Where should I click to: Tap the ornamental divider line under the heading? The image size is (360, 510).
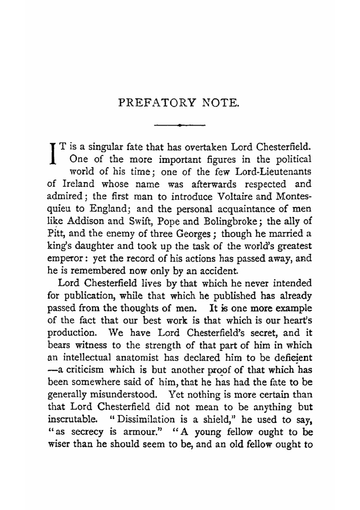(x=179, y=125)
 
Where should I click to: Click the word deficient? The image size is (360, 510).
(x=292, y=358)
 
